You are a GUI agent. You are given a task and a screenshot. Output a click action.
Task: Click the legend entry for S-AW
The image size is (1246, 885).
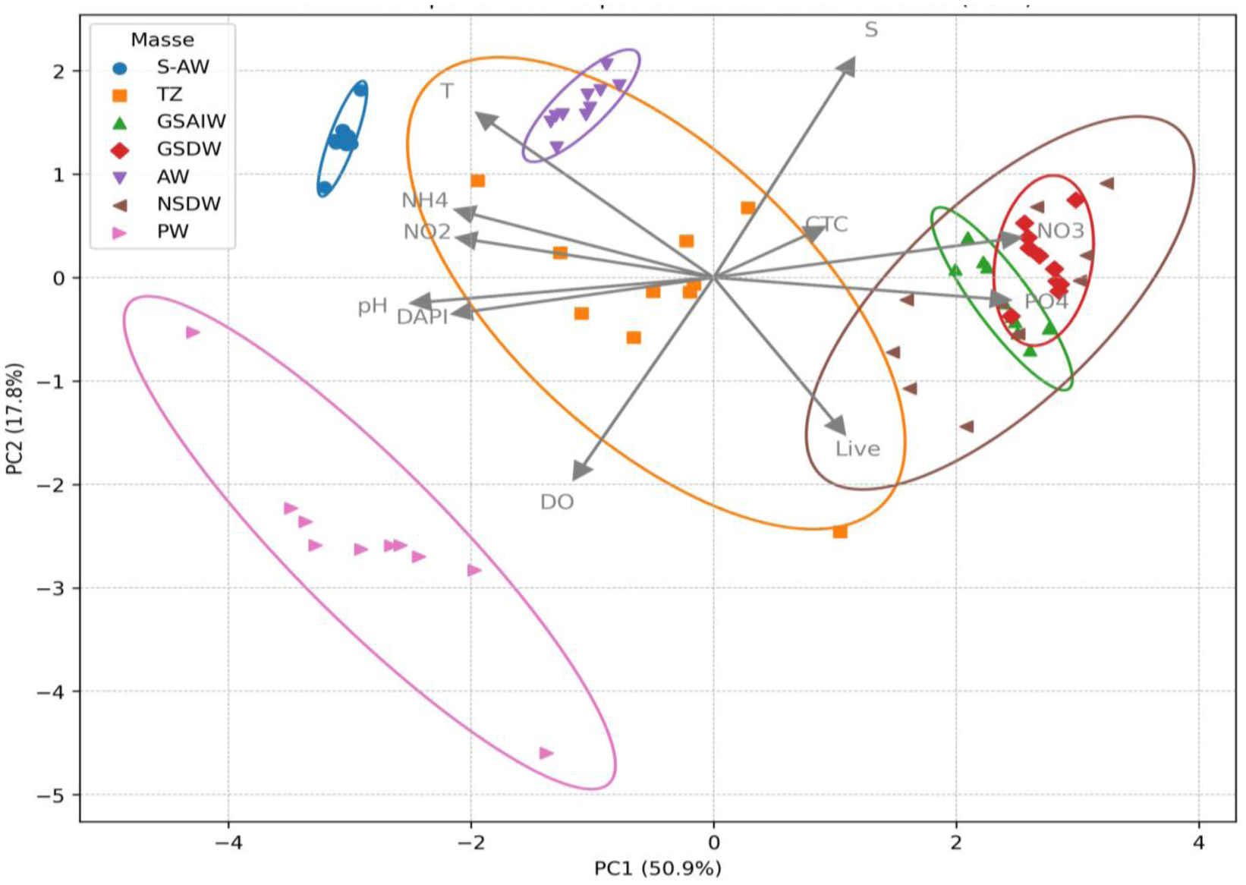coord(182,67)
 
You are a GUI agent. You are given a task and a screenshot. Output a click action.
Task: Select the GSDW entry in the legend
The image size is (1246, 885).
coord(188,149)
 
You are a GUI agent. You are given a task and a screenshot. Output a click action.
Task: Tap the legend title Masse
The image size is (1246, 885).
coord(162,39)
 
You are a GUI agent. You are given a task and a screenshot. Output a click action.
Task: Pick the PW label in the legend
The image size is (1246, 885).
coord(172,231)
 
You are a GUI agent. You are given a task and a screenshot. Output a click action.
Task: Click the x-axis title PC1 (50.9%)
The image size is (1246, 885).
coord(657,868)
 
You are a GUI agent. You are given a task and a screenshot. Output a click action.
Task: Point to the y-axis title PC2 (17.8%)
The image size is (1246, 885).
coord(14,419)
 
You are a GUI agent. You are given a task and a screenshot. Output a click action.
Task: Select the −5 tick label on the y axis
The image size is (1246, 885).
coord(52,795)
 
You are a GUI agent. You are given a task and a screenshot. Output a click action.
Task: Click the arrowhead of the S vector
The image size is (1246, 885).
coord(848,66)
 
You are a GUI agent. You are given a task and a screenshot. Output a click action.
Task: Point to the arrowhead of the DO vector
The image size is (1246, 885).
coord(581,471)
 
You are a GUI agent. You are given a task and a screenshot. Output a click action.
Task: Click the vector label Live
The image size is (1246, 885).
coord(857,449)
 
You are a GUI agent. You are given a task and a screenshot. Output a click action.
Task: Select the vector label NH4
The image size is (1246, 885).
coord(425,200)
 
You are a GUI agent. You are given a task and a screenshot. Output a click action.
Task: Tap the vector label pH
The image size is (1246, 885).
coord(373,306)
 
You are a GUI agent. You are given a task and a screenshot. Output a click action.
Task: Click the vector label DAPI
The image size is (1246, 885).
coord(422,317)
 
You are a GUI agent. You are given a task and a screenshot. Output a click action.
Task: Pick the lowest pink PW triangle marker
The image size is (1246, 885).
coord(546,753)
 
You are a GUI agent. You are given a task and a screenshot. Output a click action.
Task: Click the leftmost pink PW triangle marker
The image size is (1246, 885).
coord(193,332)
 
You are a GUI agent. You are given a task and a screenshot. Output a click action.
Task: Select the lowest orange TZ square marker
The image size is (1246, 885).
coord(840,531)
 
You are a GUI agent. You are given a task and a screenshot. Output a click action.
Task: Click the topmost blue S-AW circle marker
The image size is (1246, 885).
coord(360,90)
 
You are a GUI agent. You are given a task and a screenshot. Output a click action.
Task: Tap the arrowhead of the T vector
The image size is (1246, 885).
coord(483,119)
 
